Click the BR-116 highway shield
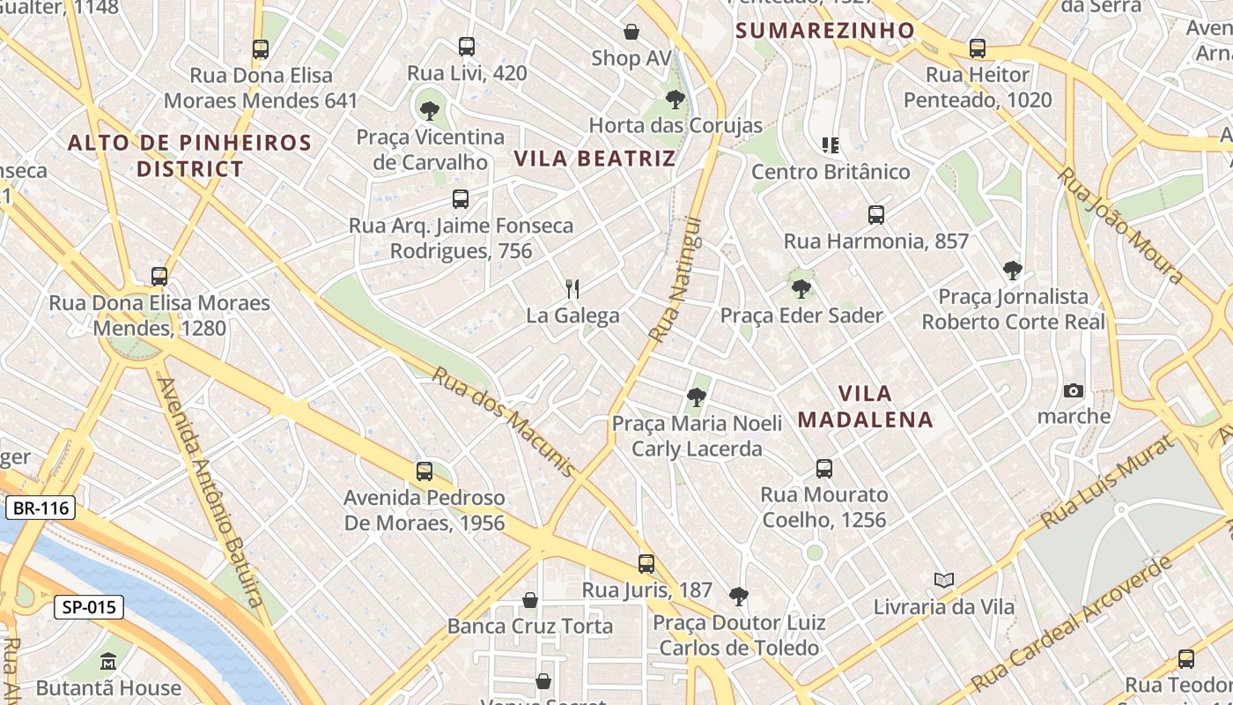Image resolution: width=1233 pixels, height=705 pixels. click(41, 508)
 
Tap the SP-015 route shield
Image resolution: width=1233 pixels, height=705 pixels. click(89, 607)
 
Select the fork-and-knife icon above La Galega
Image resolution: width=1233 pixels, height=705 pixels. click(572, 288)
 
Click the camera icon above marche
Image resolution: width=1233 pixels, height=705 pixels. click(1074, 390)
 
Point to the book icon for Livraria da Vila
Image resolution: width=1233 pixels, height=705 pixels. click(944, 580)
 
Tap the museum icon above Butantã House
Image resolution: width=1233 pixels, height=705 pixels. click(108, 661)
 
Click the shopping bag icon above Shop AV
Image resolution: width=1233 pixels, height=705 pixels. click(631, 33)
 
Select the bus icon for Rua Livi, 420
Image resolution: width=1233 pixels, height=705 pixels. click(467, 47)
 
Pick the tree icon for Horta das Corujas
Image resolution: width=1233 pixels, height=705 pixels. click(676, 99)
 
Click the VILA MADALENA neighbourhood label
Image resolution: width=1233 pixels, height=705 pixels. click(865, 406)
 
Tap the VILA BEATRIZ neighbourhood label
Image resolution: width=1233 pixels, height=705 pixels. click(594, 159)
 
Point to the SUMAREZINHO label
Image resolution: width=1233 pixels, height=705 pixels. click(825, 31)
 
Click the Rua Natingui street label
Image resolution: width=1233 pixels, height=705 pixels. click(676, 279)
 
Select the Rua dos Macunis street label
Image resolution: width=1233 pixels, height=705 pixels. click(503, 421)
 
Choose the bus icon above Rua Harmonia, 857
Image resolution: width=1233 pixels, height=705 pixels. click(876, 214)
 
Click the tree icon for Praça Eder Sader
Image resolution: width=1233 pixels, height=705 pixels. click(801, 288)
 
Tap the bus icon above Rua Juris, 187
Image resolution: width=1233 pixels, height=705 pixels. click(646, 563)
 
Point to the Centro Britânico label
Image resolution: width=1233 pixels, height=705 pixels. click(831, 171)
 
